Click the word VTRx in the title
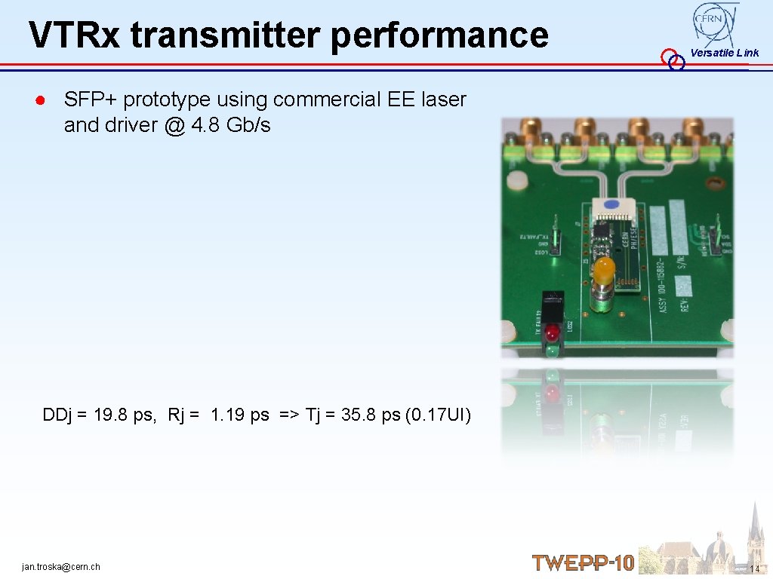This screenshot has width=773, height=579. [74, 35]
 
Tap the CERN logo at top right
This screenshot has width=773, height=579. [715, 23]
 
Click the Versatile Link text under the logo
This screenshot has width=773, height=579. [724, 53]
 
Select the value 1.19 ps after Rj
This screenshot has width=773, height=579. [239, 415]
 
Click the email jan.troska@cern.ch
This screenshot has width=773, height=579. [61, 567]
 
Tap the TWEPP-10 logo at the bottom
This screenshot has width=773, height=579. [583, 562]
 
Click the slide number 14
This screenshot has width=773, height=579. [755, 568]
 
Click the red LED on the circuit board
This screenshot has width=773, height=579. [553, 332]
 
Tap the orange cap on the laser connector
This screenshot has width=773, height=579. [604, 268]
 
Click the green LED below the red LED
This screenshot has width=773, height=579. [553, 350]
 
